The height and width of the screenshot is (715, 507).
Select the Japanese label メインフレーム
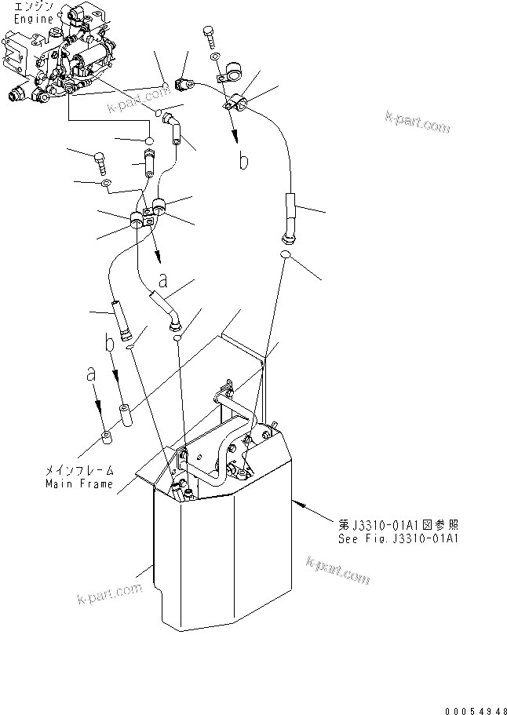click(78, 471)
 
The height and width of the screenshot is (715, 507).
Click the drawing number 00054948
click(475, 711)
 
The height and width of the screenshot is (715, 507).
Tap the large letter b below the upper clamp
click(244, 162)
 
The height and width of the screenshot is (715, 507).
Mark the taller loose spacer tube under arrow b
click(125, 414)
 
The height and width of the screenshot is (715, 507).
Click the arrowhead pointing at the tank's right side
click(296, 500)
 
